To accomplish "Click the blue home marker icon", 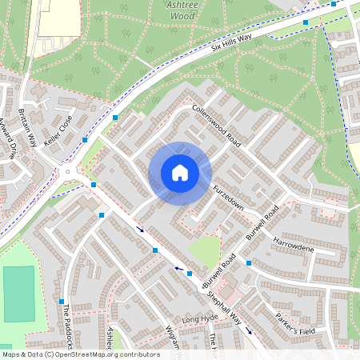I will pos(180,173).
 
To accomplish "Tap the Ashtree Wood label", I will pos(180,10).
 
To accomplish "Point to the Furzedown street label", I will pos(228,196).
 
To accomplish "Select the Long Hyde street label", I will pos(200,320).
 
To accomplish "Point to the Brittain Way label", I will pos(28,127).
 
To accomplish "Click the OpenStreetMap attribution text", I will pos(80,354).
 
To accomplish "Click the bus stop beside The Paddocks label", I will pos(62,301).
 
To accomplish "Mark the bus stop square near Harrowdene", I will pos(249,262).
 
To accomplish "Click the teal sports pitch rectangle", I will pos(19,294).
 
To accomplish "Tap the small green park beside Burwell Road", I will pos(205,250).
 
